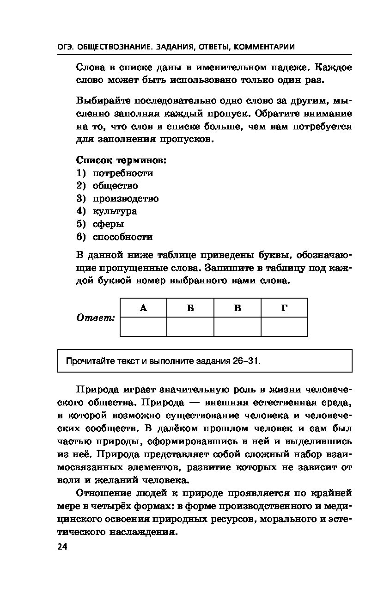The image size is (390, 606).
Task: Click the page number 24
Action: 62,547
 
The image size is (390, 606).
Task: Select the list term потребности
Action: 122,173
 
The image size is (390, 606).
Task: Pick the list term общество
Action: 115,186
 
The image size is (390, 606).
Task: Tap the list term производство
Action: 125,199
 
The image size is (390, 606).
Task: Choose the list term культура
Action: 115,211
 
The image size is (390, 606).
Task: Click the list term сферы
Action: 108,224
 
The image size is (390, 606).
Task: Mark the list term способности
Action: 122,237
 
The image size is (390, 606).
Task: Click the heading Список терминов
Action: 121,160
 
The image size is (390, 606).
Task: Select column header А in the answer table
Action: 143,308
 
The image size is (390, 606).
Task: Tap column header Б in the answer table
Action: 190,308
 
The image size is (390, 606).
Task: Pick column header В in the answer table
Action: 238,308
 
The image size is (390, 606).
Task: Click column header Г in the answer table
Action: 284,308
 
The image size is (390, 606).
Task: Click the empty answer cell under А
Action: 143,327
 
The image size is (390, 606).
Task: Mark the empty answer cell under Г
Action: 284,327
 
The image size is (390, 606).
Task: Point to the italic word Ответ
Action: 95,318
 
